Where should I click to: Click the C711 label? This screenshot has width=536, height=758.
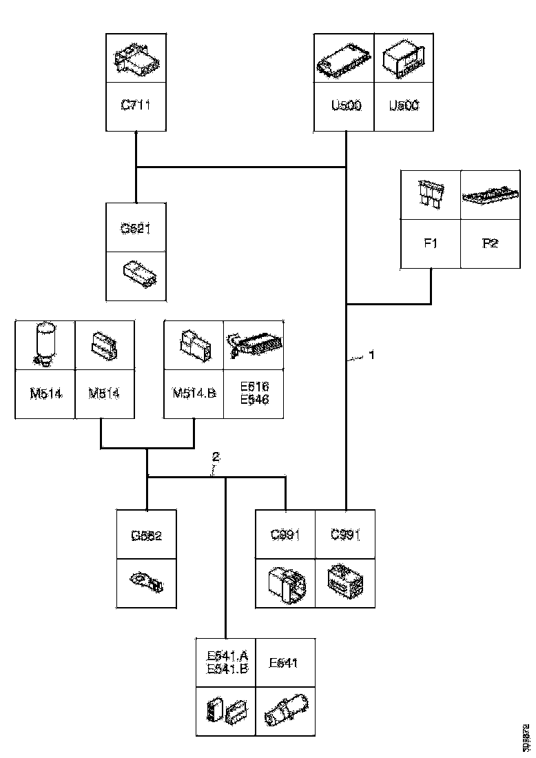click(x=136, y=105)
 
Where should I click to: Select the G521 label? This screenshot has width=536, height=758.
click(x=136, y=229)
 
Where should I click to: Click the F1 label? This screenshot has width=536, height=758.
click(x=431, y=243)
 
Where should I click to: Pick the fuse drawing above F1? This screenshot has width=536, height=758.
click(x=431, y=194)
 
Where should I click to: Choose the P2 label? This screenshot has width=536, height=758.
click(x=490, y=243)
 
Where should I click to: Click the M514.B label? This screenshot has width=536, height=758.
click(x=194, y=393)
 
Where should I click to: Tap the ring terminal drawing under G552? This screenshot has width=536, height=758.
click(x=146, y=583)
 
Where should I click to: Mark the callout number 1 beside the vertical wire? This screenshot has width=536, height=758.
click(x=371, y=356)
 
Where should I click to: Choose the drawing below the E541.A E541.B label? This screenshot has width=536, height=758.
click(x=226, y=712)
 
